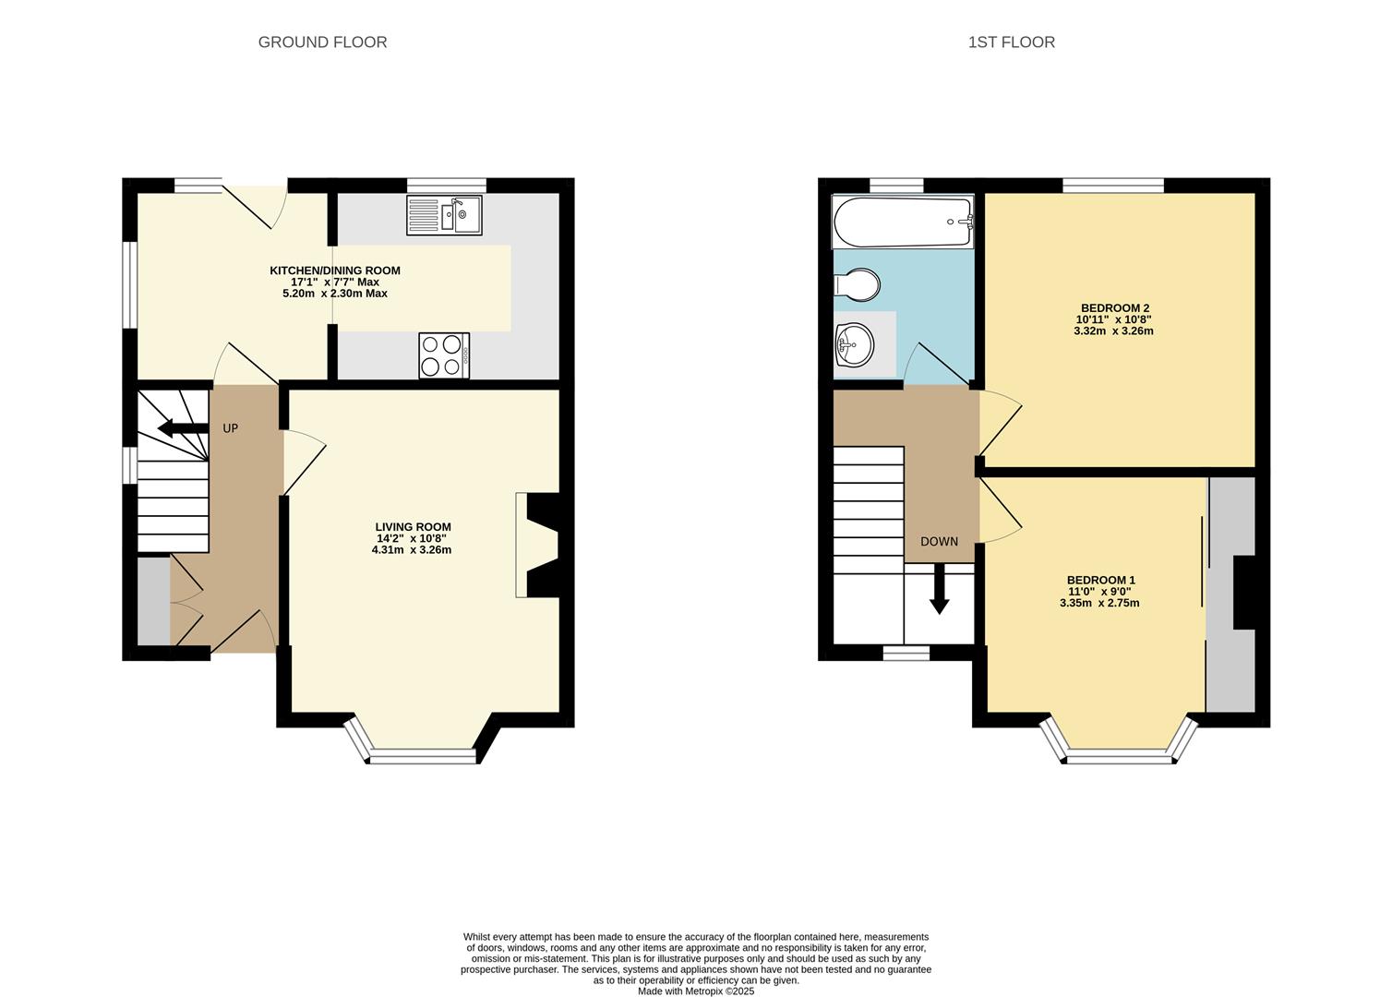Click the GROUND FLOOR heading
(322, 42)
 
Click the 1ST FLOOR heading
(1011, 42)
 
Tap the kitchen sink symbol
(444, 215)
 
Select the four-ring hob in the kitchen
(444, 355)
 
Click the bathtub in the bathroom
(902, 222)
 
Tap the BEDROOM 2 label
(1114, 308)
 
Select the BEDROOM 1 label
(1100, 581)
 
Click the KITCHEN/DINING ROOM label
(334, 270)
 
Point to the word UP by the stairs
(231, 428)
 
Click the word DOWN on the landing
(939, 542)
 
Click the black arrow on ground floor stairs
(182, 428)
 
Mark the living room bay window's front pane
(423, 758)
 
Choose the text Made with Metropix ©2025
(696, 991)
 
